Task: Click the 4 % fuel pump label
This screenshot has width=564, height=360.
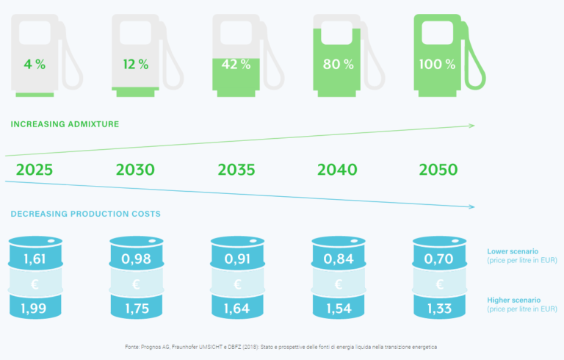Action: pos(35,64)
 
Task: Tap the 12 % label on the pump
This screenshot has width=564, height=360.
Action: pos(136,64)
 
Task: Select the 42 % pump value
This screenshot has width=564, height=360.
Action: pos(236,64)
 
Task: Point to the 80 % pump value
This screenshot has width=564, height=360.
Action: pos(338,64)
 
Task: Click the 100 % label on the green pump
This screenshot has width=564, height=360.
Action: pos(438,64)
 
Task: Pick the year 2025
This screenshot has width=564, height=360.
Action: pos(35,170)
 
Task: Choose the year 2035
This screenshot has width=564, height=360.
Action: pos(236,170)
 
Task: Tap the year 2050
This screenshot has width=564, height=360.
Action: pos(438,170)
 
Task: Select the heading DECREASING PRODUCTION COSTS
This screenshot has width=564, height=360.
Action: pos(86,214)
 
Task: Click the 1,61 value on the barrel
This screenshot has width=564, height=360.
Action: pos(35,259)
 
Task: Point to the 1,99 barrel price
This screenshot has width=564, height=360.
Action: pos(35,308)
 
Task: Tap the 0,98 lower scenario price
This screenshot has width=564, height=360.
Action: pos(136,259)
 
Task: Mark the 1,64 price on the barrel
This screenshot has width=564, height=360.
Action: pos(237,308)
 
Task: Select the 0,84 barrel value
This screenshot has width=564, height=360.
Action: pos(338,259)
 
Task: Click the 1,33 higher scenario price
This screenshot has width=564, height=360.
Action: pos(439,308)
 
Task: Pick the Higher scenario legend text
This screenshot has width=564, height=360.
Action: pos(514,300)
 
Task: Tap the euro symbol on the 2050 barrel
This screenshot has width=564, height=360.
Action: pos(439,284)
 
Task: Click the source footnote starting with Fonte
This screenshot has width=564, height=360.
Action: pos(282,345)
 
